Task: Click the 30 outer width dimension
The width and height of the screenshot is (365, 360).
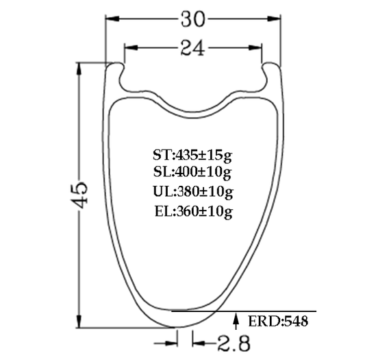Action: (x=193, y=20)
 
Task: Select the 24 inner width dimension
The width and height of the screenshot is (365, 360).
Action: (x=193, y=47)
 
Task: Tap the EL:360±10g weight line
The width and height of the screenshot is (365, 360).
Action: (x=194, y=211)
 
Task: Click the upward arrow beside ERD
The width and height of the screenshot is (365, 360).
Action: (x=237, y=319)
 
